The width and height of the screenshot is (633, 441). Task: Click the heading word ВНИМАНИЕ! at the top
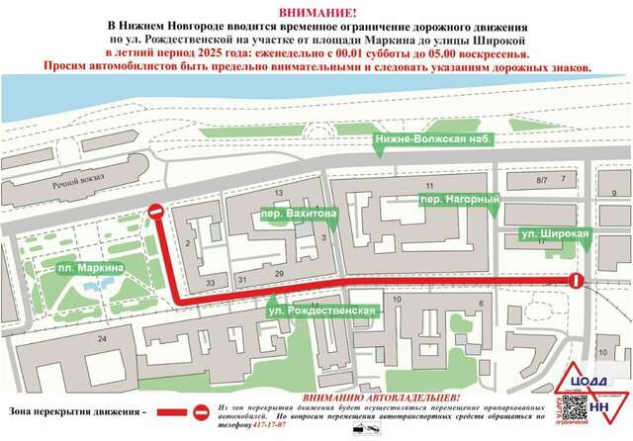click(x=316, y=10)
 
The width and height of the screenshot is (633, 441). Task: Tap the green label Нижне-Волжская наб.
click(x=433, y=140)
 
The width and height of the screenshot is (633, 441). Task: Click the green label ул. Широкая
click(x=555, y=234)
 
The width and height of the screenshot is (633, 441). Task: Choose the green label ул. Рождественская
click(x=320, y=311)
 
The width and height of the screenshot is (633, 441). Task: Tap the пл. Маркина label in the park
click(x=90, y=268)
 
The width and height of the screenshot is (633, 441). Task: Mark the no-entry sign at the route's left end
click(x=156, y=212)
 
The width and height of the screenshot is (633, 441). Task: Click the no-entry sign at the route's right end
click(x=576, y=282)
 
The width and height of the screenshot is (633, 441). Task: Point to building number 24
click(x=101, y=339)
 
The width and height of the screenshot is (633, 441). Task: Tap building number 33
click(x=211, y=283)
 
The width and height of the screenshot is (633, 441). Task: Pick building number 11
click(x=429, y=186)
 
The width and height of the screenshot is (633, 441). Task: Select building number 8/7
click(x=541, y=181)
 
